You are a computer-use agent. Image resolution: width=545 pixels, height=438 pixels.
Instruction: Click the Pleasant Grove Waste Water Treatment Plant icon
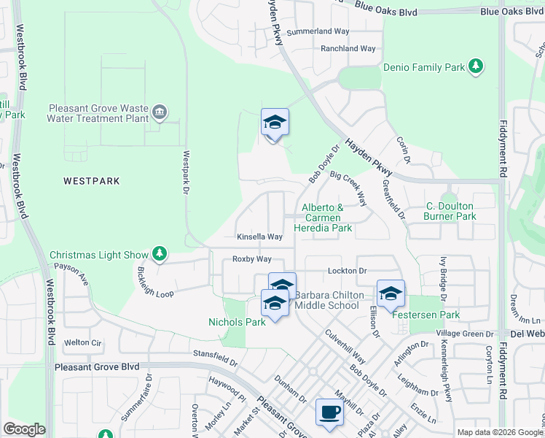[160, 112]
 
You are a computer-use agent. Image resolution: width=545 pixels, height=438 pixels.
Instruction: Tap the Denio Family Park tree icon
[476, 67]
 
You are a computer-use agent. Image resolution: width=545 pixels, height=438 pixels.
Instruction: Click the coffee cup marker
[329, 412]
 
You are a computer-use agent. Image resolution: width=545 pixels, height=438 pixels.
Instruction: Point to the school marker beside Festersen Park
[391, 293]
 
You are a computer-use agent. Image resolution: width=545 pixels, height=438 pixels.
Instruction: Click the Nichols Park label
[237, 321]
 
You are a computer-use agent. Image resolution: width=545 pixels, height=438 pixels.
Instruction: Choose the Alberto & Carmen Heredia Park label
[322, 218]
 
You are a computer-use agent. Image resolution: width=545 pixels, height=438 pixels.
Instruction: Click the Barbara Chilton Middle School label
[329, 300]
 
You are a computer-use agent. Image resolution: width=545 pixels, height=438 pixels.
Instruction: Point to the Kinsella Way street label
[259, 237]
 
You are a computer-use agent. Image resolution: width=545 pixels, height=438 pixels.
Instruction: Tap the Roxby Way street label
[251, 259]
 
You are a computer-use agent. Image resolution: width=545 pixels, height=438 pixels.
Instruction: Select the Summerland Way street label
[318, 31]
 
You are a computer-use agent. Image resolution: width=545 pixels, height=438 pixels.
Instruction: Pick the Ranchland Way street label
[348, 49]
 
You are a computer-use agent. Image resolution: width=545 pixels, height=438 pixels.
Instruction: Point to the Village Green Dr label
[466, 334]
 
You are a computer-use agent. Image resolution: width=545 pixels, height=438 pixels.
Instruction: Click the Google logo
[24, 429]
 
